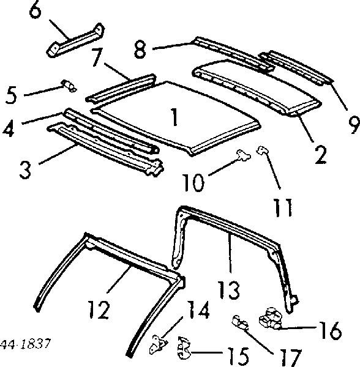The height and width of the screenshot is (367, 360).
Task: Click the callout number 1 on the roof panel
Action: [x=174, y=117]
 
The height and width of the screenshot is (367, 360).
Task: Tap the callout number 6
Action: [x=36, y=9]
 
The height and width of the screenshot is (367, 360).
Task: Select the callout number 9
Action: [x=354, y=125]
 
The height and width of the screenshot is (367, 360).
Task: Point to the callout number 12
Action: [x=99, y=310]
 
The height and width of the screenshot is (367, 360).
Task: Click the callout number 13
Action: [x=228, y=290]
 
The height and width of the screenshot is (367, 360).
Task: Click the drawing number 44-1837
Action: [x=25, y=344]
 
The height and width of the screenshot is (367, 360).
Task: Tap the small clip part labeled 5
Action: [x=69, y=86]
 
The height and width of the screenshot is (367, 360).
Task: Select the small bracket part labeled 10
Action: [x=243, y=155]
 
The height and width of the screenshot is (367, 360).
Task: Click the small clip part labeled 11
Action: [x=262, y=150]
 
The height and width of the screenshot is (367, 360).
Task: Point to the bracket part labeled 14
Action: [x=159, y=344]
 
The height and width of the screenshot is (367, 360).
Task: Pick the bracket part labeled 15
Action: [x=184, y=347]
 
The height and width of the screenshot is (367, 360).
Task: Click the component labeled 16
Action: [x=271, y=318]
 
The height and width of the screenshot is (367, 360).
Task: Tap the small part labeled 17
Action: [x=240, y=323]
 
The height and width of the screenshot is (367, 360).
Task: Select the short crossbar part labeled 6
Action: [x=75, y=40]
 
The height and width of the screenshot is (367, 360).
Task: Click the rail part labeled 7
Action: [x=121, y=89]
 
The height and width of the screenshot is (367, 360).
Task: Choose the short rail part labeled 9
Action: [x=296, y=67]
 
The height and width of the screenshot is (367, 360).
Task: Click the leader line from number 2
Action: [x=304, y=127]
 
